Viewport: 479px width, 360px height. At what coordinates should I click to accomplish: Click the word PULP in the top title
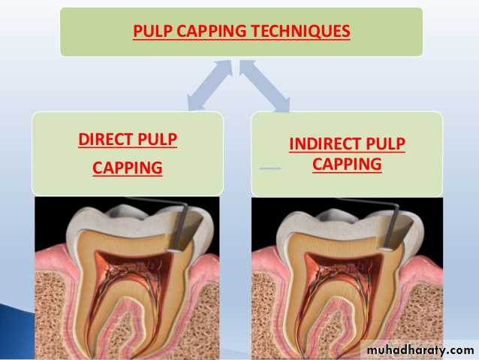(150, 32)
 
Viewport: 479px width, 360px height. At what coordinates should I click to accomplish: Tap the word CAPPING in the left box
(127, 168)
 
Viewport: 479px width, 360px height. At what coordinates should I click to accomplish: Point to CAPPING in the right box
(346, 163)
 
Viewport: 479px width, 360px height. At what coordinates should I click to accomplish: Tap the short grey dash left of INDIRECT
(270, 168)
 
